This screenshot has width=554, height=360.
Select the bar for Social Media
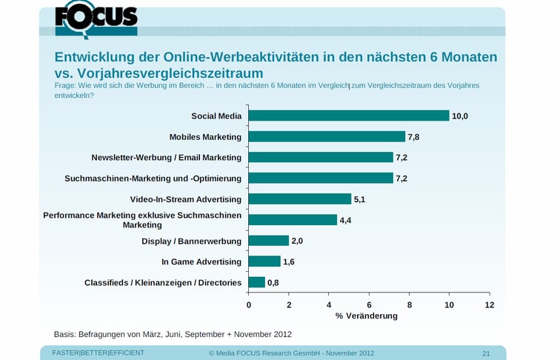(349, 116)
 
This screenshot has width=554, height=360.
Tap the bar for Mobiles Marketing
(327, 137)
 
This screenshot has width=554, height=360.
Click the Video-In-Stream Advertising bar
(300, 199)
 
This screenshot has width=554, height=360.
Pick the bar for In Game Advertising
(264, 261)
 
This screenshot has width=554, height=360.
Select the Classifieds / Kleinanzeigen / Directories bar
(256, 282)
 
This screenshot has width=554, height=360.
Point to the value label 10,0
(460, 116)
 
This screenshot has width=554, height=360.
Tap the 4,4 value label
(346, 220)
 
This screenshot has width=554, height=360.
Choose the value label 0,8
(273, 282)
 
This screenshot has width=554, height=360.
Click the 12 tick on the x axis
(489, 304)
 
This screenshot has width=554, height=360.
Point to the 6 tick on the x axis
(369, 304)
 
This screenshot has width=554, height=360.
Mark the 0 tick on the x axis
(249, 304)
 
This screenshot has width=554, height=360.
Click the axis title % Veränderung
(367, 316)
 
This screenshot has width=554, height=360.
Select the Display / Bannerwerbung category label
(192, 241)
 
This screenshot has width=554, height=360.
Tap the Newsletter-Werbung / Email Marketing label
(167, 158)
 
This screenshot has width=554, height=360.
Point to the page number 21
(486, 353)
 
